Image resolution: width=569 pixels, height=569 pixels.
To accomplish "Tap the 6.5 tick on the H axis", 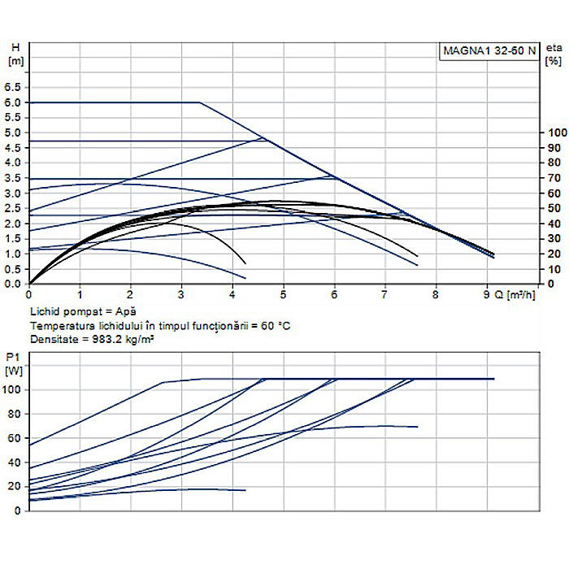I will click(x=13, y=87).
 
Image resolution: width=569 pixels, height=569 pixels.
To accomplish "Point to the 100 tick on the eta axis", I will click(x=557, y=132).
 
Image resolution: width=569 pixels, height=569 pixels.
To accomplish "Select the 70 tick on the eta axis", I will click(x=555, y=178).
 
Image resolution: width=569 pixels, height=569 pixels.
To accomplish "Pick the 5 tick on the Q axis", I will click(x=283, y=296).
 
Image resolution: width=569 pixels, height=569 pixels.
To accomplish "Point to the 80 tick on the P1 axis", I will click(x=14, y=414).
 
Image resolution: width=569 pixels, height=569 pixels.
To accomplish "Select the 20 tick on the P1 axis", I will click(x=14, y=486).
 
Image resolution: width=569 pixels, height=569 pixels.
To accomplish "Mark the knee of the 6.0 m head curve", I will click(x=200, y=102).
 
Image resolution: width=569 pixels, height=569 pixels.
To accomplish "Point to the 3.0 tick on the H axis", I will click(x=13, y=193).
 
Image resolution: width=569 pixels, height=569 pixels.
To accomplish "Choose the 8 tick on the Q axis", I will click(x=436, y=296).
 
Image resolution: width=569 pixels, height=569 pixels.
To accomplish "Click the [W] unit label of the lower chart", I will click(x=14, y=371).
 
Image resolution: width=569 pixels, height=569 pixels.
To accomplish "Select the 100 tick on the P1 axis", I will click(x=12, y=390).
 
